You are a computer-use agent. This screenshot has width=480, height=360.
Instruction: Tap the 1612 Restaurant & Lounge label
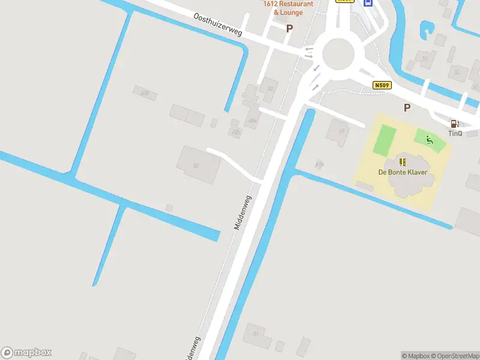tap(288, 8)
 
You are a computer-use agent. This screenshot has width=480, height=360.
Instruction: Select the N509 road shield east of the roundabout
tap(382, 85)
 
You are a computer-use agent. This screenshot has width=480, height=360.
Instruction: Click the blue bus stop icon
tap(368, 2)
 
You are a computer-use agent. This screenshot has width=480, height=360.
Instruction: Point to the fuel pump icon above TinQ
tap(454, 124)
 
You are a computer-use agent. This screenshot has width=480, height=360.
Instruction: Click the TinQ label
tap(455, 133)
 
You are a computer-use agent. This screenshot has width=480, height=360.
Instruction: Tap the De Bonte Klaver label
tap(403, 172)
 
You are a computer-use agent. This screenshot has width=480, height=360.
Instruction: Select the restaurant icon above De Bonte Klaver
tap(403, 162)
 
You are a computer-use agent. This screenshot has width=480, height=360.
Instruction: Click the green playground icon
tap(429, 140)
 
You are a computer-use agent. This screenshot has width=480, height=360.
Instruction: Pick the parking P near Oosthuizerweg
tap(289, 28)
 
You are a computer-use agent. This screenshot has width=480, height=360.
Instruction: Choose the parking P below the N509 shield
tap(407, 107)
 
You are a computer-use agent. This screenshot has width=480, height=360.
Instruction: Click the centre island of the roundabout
tap(338, 54)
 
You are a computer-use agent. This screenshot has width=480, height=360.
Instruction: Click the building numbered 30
tap(269, 89)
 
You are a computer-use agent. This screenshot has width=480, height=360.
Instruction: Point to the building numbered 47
tap(339, 131)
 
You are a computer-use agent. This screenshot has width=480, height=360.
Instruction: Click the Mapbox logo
tap(26, 353)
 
